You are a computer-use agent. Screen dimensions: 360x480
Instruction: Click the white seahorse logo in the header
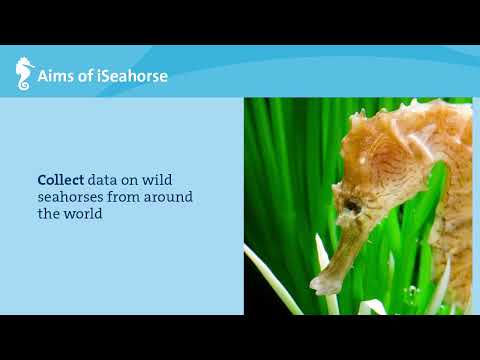point(24,75)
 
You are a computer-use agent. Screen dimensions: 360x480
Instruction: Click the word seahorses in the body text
point(73,197)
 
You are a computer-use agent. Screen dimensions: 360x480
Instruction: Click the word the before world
point(49,214)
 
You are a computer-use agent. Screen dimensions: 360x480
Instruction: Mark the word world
point(85,214)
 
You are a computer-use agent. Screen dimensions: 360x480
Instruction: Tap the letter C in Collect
point(42,180)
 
